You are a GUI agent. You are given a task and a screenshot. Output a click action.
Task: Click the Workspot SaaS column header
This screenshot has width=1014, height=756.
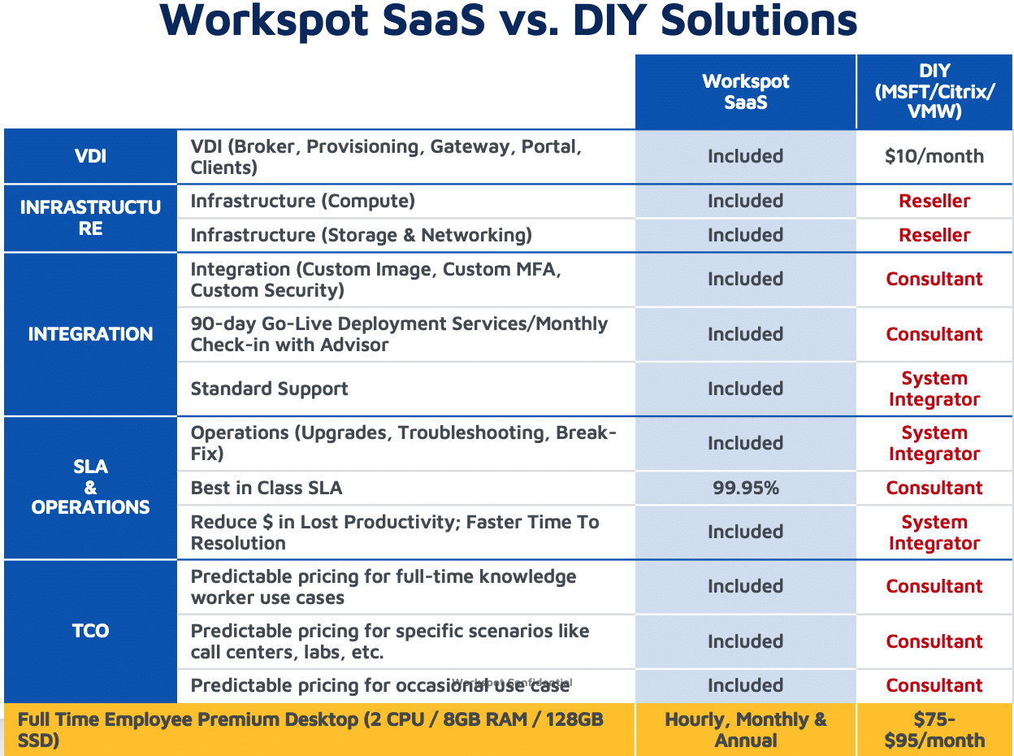(x=745, y=92)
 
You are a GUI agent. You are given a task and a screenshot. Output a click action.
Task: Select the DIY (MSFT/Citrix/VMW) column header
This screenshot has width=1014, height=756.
(x=934, y=91)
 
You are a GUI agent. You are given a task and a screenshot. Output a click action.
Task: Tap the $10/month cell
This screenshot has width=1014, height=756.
(x=934, y=156)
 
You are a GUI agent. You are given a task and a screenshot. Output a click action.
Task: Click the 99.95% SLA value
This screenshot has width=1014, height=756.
(x=746, y=488)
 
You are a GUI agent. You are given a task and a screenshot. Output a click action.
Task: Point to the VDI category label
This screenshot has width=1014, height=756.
(x=90, y=156)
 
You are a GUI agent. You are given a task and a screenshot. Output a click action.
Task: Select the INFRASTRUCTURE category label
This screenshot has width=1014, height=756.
(x=90, y=218)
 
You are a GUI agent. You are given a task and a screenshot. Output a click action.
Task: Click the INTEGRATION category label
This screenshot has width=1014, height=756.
(x=90, y=333)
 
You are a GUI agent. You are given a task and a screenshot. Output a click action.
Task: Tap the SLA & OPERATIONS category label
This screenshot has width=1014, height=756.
(x=90, y=487)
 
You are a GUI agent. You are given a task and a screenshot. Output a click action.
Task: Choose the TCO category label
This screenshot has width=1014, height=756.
(x=90, y=631)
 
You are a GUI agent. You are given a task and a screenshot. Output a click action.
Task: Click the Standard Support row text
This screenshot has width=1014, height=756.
(x=269, y=389)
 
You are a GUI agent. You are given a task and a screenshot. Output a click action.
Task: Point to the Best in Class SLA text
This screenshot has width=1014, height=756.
(x=266, y=488)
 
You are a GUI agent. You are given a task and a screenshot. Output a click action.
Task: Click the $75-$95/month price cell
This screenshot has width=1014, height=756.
(x=934, y=730)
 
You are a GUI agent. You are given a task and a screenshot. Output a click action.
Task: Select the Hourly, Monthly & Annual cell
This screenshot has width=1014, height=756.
(x=746, y=730)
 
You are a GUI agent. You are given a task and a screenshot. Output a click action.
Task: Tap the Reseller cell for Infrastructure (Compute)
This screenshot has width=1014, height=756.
(x=934, y=201)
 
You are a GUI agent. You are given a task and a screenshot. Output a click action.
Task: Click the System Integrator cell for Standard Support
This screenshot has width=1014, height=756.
(x=934, y=389)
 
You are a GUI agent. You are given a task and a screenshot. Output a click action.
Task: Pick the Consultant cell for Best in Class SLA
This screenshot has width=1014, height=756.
(x=934, y=488)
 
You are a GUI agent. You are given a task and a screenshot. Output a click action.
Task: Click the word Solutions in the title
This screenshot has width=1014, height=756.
(x=759, y=20)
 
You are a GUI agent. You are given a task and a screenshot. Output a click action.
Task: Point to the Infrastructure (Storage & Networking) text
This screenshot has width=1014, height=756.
(x=362, y=235)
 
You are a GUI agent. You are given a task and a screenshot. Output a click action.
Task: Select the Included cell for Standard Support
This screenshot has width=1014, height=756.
(x=746, y=389)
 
